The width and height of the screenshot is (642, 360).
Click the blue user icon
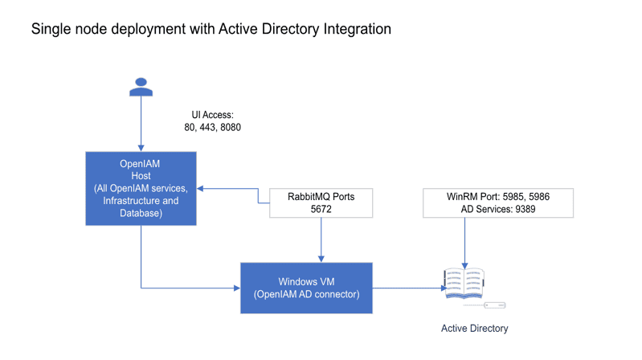141,87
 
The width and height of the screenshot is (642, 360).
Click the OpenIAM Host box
141,188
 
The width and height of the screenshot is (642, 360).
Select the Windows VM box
306,287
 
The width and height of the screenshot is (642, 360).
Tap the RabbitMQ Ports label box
321,202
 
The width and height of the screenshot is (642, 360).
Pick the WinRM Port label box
497,202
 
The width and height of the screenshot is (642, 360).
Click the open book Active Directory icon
464,283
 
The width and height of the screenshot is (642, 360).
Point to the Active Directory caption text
474,328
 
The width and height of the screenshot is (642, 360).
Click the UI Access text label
212,115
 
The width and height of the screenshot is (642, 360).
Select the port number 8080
231,128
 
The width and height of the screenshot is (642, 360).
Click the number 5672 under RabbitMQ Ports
321,209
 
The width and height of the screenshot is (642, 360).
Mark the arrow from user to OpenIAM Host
141,125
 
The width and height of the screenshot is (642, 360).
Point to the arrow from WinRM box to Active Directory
464,241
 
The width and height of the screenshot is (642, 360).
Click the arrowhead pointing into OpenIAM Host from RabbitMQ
201,188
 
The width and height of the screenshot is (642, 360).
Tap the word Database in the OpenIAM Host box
141,213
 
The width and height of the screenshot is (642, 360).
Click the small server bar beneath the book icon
495,305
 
